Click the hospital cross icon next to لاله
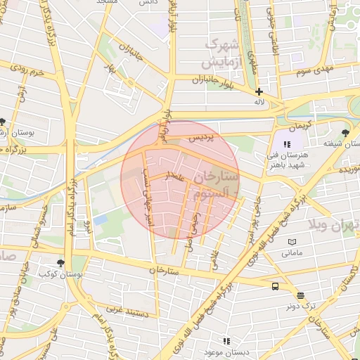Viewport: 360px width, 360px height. tap(259, 91)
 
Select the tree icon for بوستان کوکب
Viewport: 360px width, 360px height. tap(61, 263)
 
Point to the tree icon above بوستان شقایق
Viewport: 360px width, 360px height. tap(345, 132)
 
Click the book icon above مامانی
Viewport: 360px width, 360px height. tap(292, 242)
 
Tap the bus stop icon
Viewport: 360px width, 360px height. tap(274, 286)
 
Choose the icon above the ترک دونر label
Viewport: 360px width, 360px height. tap(301, 295)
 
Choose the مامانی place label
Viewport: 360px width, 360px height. tap(292, 252)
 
